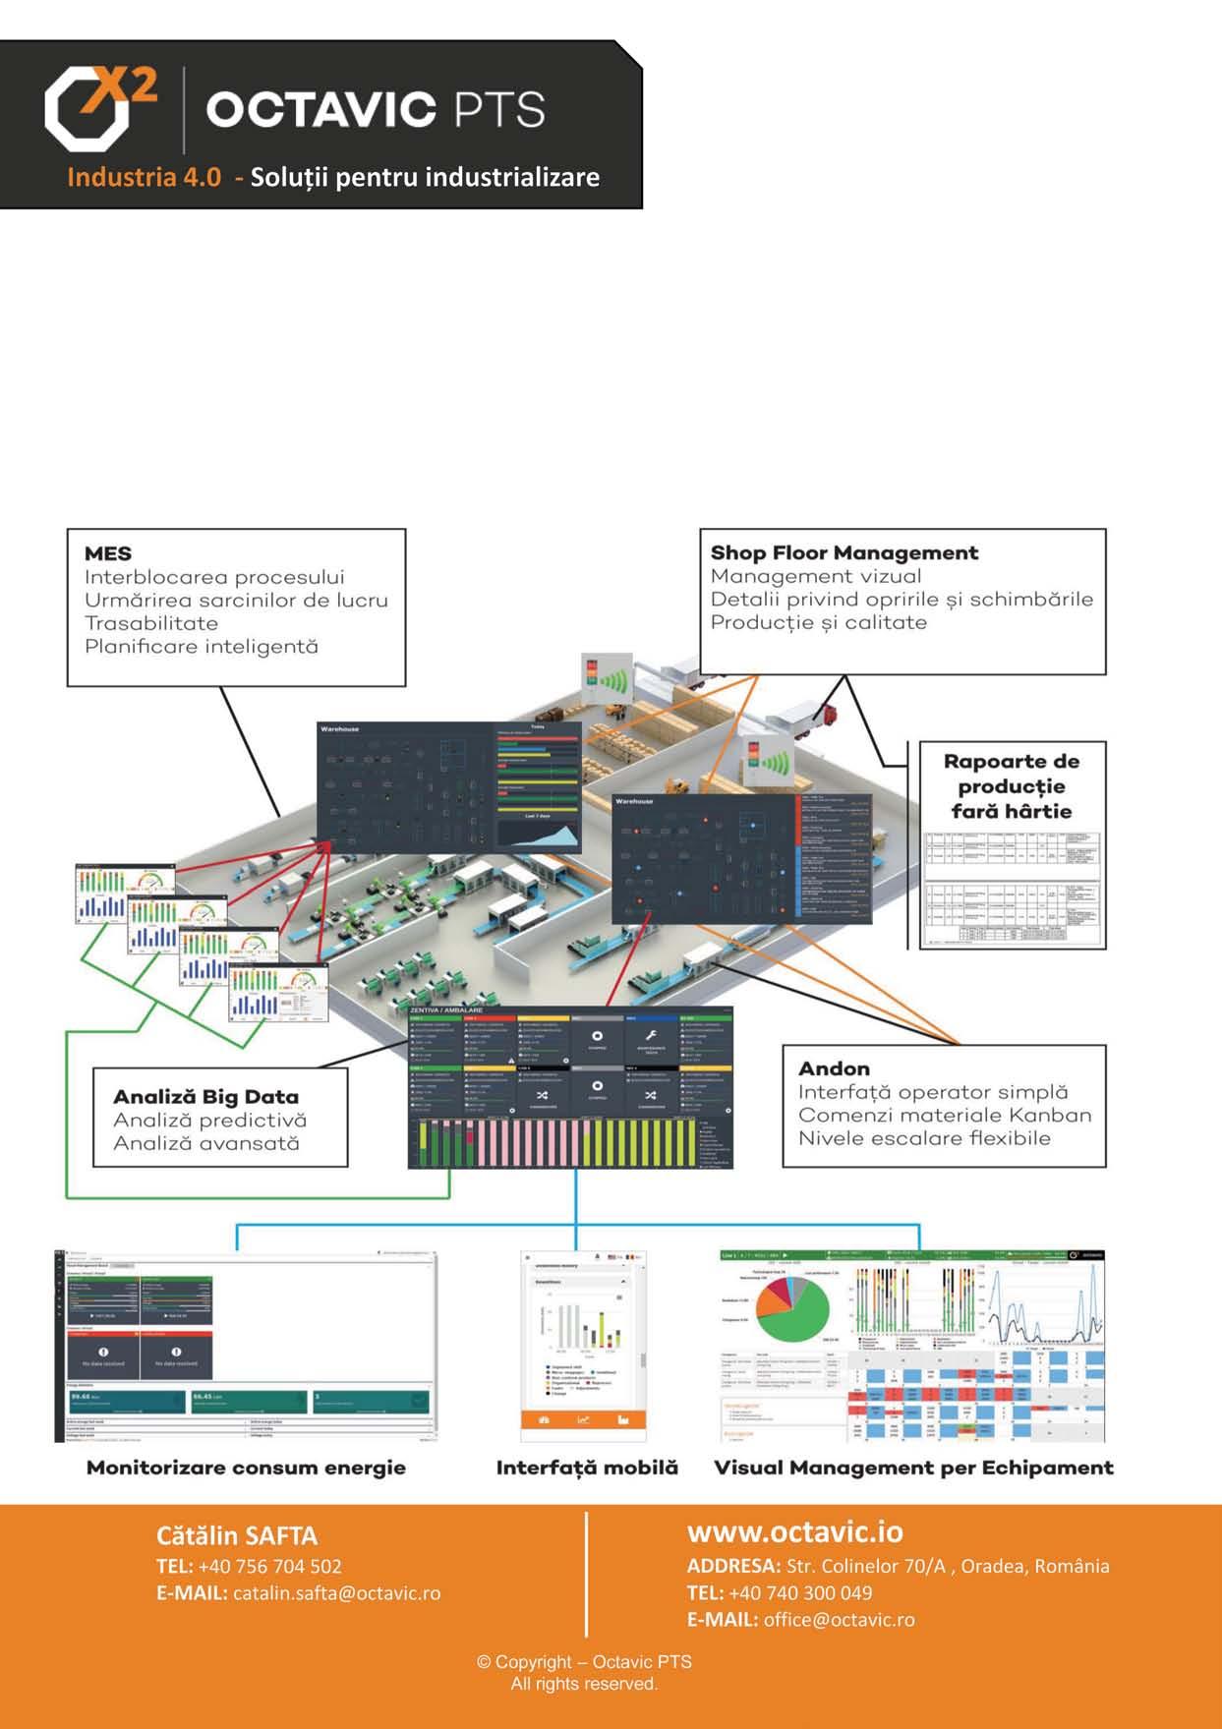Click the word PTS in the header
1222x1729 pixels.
click(499, 109)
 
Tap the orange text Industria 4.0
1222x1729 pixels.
click(144, 178)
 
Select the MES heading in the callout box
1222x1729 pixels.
click(108, 553)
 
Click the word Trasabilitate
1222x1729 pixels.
click(151, 623)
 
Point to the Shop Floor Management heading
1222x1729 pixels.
click(844, 552)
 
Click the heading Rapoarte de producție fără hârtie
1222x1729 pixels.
click(1011, 785)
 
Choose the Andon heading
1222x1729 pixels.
click(834, 1068)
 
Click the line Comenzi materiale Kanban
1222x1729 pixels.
click(944, 1115)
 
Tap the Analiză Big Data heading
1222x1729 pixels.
click(205, 1097)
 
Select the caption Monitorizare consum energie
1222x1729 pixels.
click(246, 1468)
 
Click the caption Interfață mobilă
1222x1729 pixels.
click(587, 1468)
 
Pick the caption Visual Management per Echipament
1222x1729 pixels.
click(913, 1468)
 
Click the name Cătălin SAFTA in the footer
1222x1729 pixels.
click(236, 1536)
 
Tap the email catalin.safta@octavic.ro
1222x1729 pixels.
click(336, 1592)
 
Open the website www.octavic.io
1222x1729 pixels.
click(794, 1531)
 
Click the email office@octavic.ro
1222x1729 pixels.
click(839, 1619)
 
